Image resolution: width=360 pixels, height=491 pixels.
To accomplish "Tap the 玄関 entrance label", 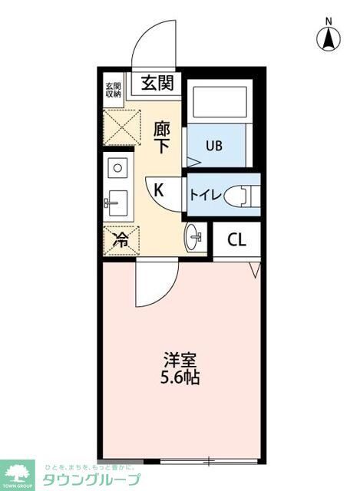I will point(157,82).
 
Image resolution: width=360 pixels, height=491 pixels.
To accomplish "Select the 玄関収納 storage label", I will point(113,89).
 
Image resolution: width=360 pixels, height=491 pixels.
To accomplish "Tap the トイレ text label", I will point(205,195).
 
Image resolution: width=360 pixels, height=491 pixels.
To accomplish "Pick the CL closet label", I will point(236,239).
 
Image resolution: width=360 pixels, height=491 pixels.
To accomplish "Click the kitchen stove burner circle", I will point(119,166).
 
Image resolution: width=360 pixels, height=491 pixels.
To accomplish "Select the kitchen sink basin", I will point(117,204).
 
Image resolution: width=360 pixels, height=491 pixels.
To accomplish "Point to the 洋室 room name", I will point(181,359).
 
